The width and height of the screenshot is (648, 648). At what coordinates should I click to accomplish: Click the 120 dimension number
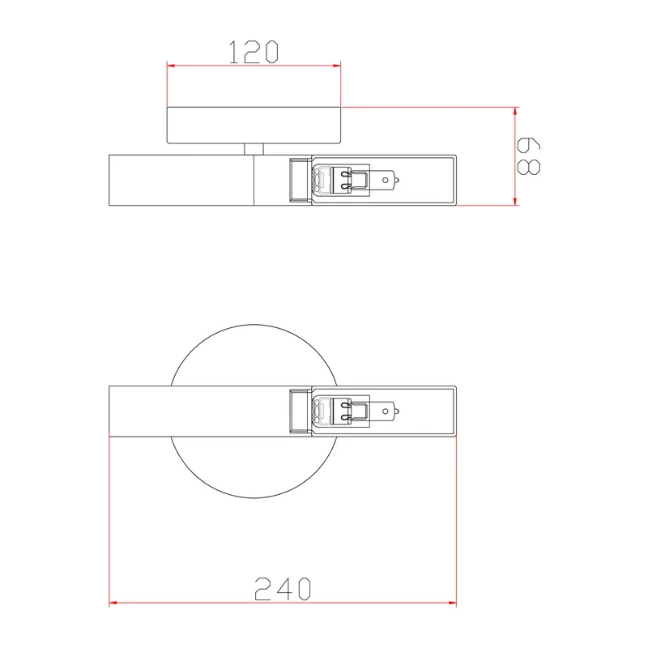254,52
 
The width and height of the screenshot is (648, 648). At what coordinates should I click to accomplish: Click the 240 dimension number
283,589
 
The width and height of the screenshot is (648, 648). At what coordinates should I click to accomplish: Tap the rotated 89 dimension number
529,156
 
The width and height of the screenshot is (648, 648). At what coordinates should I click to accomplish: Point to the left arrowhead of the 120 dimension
171,66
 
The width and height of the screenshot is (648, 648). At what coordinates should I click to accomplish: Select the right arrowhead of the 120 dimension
336,66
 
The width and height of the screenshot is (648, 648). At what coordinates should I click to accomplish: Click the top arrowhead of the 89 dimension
515,112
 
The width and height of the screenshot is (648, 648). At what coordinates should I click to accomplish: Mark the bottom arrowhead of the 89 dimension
515,200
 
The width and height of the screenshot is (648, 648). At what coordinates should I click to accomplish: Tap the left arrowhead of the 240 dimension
113,603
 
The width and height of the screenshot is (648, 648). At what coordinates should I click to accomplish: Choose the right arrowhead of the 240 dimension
452,603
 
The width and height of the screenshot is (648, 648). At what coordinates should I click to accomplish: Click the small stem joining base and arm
254,149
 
